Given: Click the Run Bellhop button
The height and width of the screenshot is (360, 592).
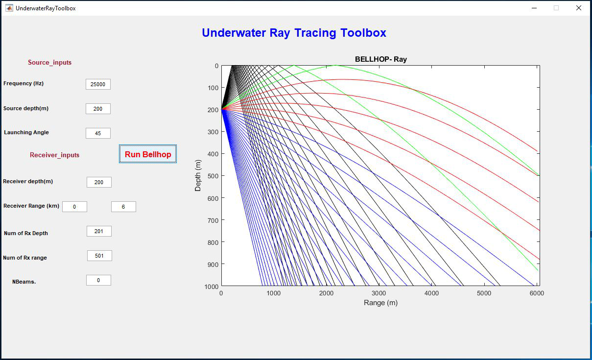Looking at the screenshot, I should [148, 154].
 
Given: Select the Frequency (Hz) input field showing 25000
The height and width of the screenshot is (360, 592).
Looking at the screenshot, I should [98, 84].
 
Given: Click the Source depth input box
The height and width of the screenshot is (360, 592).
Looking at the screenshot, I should [98, 109].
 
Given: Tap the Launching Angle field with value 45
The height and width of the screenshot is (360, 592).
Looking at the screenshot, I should [98, 133].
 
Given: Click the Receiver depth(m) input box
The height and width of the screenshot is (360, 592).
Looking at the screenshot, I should [99, 182].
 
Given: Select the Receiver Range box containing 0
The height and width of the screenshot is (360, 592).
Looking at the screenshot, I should [74, 207].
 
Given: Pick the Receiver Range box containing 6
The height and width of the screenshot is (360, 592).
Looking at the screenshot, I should [123, 207].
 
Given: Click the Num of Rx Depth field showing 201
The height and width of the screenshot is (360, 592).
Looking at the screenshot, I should [99, 231].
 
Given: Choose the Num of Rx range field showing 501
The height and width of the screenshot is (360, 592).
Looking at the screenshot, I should [99, 256].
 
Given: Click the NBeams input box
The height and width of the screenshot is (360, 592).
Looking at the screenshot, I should [98, 280].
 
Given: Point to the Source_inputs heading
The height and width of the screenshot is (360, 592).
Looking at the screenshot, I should [49, 62].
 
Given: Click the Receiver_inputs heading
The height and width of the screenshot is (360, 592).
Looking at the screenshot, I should [54, 155].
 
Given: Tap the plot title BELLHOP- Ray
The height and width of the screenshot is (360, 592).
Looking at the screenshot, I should [380, 59].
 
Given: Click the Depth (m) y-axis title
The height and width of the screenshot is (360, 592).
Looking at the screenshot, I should [198, 175].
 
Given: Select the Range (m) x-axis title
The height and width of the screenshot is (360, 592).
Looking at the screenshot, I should [380, 303].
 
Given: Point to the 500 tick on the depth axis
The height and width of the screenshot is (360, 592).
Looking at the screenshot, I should [213, 176].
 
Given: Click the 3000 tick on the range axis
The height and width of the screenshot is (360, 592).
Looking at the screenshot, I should [379, 293].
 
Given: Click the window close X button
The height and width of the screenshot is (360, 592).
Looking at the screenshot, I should [578, 8].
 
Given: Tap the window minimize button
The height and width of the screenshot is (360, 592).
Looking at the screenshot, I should [534, 8].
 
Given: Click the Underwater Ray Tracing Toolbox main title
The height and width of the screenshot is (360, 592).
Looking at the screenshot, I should [294, 33].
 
